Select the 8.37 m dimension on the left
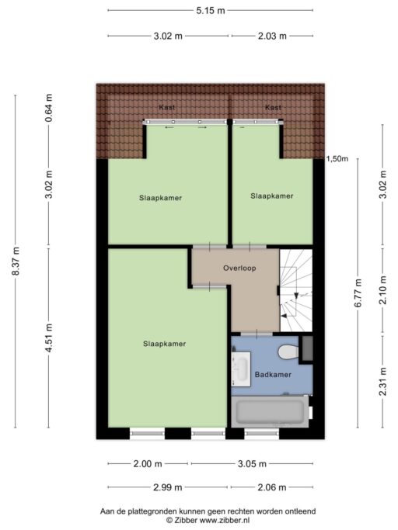tap(16, 261)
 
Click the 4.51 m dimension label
tap(49, 338)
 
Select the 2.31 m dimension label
tap(382, 381)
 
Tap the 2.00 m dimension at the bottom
tap(148, 464)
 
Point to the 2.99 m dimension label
tap(168, 487)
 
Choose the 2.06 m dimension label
tap(271, 487)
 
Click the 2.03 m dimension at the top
tap(271, 36)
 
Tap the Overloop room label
tap(239, 268)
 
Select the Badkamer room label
tap(273, 375)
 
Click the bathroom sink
tap(240, 367)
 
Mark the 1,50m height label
tap(337, 159)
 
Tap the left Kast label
tap(166, 107)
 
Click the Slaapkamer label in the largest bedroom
tap(164, 343)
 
